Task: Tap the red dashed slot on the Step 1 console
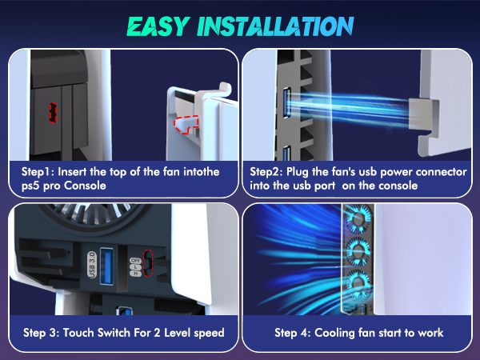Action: tap(54, 112)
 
